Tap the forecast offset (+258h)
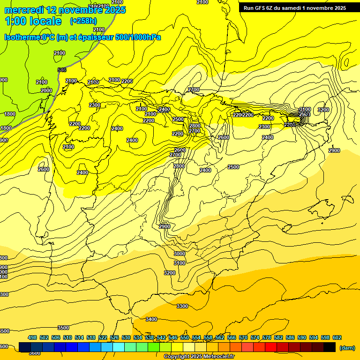(84, 21)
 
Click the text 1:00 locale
(33, 21)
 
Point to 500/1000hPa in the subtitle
(136, 37)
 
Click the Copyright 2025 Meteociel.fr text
(199, 357)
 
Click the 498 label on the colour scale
(32, 337)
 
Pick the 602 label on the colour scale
(337, 337)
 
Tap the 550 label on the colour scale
(185, 337)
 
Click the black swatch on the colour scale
(330, 347)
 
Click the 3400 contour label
(151, 319)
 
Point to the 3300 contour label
(182, 306)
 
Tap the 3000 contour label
(180, 254)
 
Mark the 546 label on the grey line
(62, 70)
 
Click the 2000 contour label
(46, 90)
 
